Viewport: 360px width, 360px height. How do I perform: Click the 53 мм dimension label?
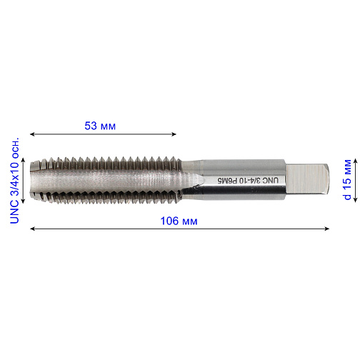pyautogui.click(x=100, y=126)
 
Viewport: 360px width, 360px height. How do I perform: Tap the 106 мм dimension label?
pyautogui.click(x=179, y=221)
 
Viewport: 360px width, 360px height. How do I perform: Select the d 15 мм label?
pyautogui.click(x=347, y=179)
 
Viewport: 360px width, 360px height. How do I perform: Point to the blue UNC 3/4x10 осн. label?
pyautogui.click(x=14, y=180)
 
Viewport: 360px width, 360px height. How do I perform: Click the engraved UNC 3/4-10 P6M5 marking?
pyautogui.click(x=248, y=181)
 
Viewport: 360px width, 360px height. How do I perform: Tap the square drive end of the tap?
pyautogui.click(x=308, y=179)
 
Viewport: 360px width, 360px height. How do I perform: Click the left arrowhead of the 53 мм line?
pyautogui.click(x=32, y=134)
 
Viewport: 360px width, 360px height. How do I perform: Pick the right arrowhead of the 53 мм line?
pyautogui.click(x=174, y=134)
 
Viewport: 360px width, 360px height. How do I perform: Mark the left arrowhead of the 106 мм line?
pyautogui.click(x=32, y=229)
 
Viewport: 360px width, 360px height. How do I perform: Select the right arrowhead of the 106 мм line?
pyautogui.click(x=327, y=229)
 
